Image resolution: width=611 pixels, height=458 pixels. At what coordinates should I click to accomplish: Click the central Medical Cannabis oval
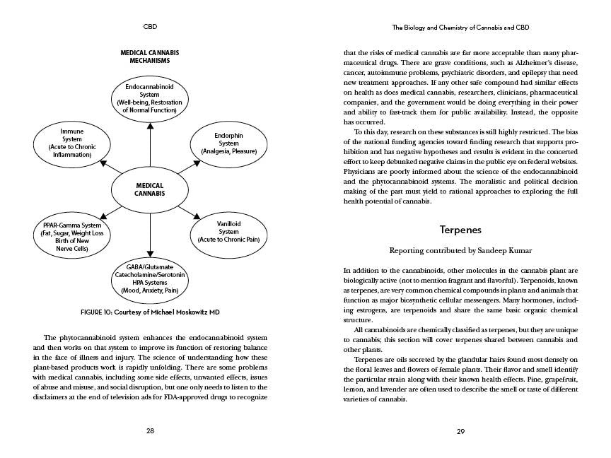coord(150,189)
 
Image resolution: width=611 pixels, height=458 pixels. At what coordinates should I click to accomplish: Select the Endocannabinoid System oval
coord(150,98)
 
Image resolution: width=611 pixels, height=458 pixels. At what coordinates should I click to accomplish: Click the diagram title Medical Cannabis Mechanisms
coord(149,57)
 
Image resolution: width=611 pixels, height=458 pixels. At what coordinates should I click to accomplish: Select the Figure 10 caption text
coord(149,312)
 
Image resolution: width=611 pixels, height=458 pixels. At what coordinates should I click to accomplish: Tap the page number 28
coord(150,430)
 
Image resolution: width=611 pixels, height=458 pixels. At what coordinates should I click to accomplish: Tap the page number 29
coord(460,430)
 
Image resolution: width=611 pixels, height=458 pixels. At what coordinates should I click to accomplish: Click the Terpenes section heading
coord(460,230)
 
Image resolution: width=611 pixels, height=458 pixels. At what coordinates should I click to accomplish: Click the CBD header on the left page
coord(150,27)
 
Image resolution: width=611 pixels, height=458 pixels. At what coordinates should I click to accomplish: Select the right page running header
coord(460,27)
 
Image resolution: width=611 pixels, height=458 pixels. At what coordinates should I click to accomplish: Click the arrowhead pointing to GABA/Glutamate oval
coord(150,252)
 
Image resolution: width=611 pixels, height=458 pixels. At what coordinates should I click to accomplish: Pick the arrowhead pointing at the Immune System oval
coord(103,163)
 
